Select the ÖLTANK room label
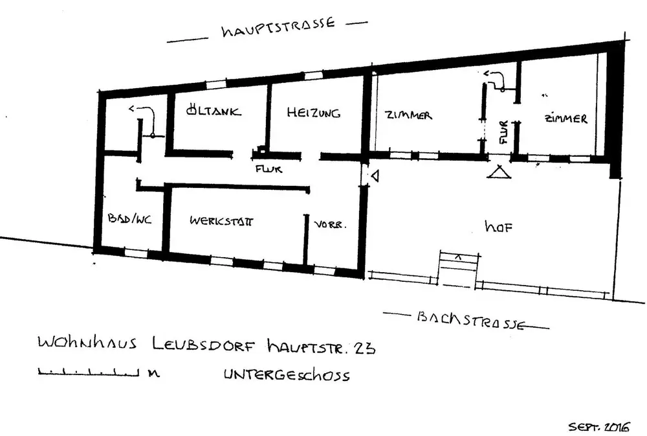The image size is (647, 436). click(213, 111)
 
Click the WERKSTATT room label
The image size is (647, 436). click(221, 221)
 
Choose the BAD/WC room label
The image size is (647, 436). click(130, 219)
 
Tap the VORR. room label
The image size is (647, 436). click(331, 225)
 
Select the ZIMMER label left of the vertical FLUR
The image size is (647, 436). click(408, 115)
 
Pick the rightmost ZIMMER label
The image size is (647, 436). click(565, 119)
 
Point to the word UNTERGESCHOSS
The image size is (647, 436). click(289, 374)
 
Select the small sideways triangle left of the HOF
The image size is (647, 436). click(375, 175)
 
